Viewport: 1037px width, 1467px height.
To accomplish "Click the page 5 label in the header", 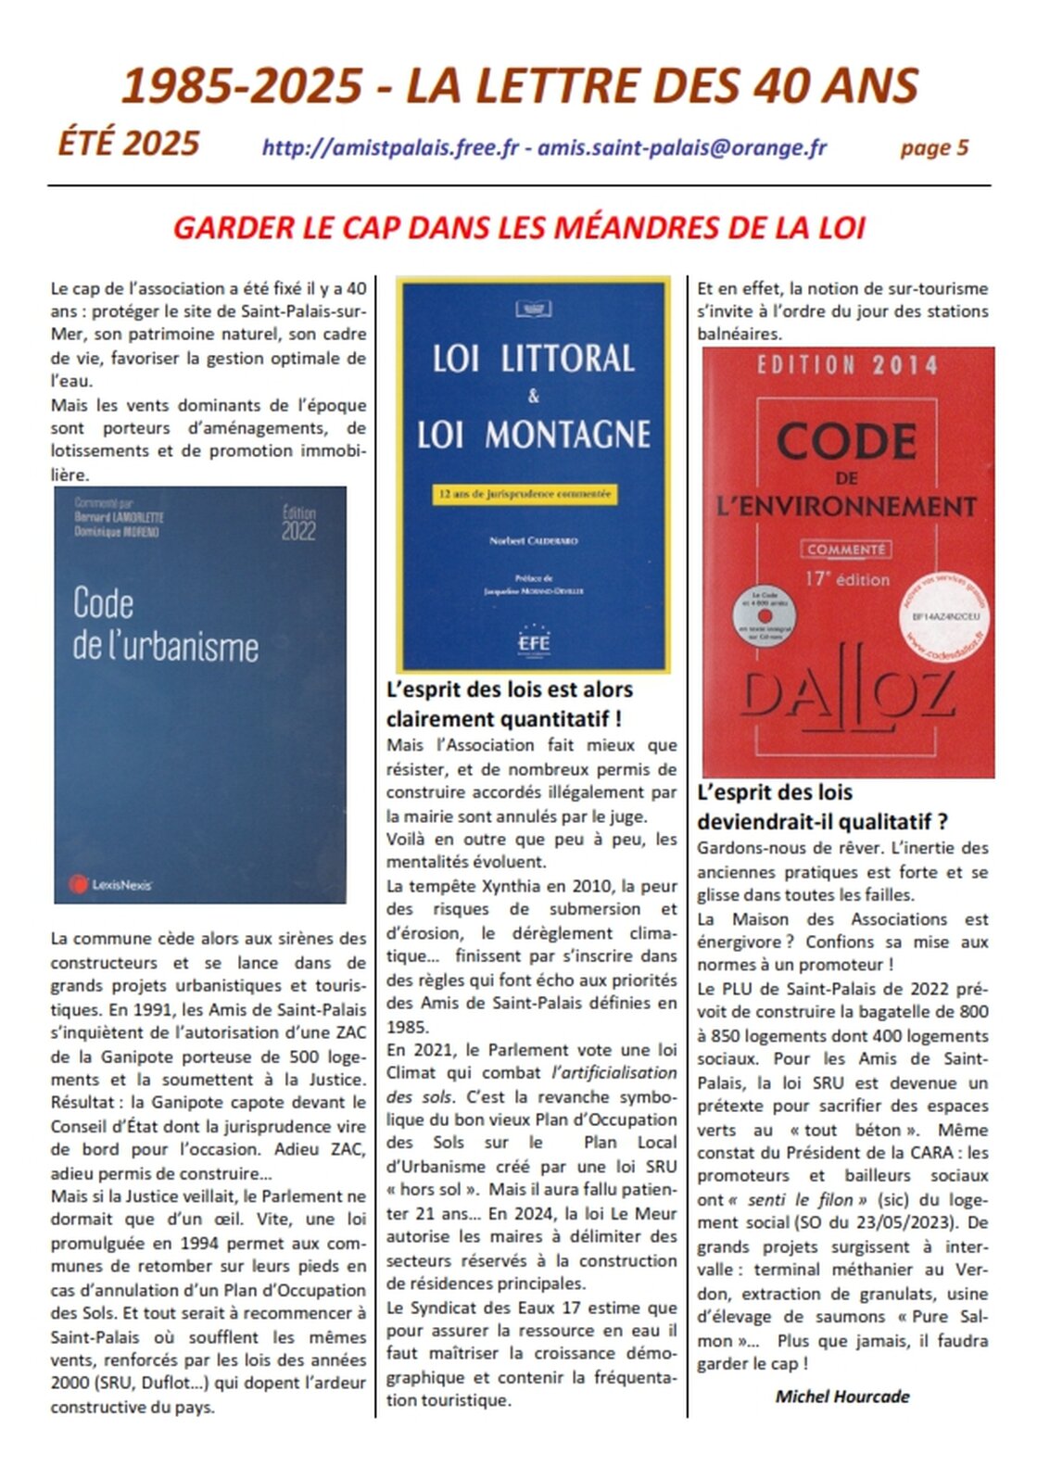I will [933, 148].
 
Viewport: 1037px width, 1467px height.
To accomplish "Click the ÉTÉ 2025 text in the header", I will [129, 144].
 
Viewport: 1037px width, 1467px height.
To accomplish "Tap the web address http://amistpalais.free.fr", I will [390, 148].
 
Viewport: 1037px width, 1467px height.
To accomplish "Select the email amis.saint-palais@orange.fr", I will [682, 148].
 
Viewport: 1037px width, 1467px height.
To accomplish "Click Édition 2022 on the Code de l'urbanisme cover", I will [298, 524].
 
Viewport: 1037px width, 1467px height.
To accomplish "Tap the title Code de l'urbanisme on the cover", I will [165, 626].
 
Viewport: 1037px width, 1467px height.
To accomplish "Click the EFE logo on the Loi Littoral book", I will [534, 640].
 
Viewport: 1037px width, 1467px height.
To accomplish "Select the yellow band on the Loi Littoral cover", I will [525, 495].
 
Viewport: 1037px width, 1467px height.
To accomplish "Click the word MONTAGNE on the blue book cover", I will [567, 435].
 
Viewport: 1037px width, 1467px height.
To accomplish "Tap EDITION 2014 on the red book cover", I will [847, 366].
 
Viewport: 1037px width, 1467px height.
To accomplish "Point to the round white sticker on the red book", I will [944, 617].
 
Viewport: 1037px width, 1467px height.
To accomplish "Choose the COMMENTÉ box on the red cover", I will [845, 550].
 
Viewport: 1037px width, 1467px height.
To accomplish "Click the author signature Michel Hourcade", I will [841, 1397].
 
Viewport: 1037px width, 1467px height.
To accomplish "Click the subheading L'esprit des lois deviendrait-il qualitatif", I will [821, 807].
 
